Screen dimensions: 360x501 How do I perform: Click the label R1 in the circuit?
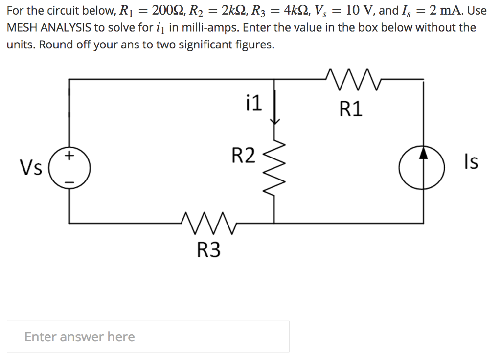pyautogui.click(x=351, y=110)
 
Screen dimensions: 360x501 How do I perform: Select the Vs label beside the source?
pyautogui.click(x=30, y=167)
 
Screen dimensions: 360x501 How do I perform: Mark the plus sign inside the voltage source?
pyautogui.click(x=70, y=157)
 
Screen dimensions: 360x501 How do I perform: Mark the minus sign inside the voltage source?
pyautogui.click(x=70, y=182)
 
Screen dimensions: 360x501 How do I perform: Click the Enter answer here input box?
pyautogui.click(x=148, y=337)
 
